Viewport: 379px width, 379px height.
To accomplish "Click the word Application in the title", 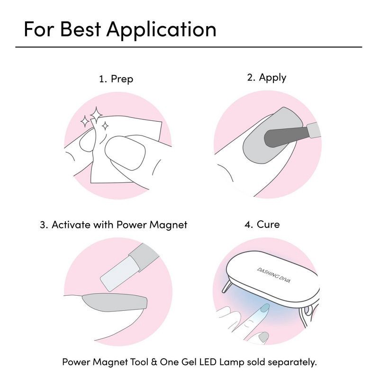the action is coord(161,30).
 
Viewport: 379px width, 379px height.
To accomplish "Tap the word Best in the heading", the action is coord(80,29).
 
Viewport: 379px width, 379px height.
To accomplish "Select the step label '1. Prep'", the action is coord(116,79).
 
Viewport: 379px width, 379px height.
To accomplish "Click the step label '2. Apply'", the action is coord(267,78).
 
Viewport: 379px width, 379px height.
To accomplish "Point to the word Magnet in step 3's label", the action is coord(168,225).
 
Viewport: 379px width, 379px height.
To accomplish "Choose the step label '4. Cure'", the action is coord(262,225).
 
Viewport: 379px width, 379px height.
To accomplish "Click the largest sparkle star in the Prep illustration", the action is coord(96,115).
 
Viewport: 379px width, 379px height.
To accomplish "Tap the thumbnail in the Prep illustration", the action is coord(125,153).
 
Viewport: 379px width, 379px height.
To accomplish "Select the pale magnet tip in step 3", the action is coord(120,273).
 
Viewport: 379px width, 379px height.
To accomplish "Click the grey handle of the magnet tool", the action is coord(144,257).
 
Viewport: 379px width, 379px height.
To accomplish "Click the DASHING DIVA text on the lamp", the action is coord(273,275).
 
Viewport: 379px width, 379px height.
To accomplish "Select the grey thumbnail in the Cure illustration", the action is coord(263,336).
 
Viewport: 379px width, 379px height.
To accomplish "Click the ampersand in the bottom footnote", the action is coord(154,362).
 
